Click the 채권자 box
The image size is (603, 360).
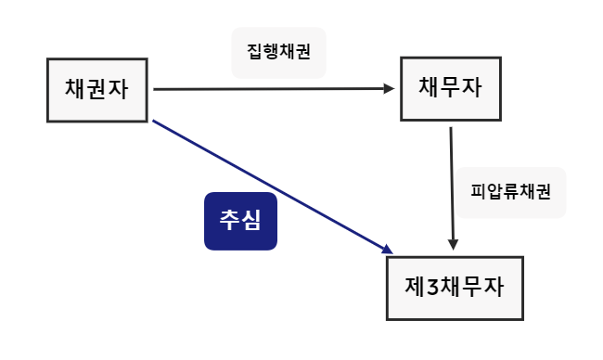pyautogui.click(x=97, y=90)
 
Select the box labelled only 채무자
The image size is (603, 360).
pyautogui.click(x=450, y=89)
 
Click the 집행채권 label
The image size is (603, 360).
pyautogui.click(x=278, y=53)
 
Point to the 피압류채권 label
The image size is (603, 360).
pyautogui.click(x=510, y=193)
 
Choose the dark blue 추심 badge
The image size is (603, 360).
pyautogui.click(x=240, y=220)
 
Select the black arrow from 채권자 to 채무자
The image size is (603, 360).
pyautogui.click(x=269, y=89)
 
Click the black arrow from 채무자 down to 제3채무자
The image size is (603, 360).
pyautogui.click(x=452, y=186)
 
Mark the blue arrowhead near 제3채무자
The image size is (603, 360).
pyautogui.click(x=387, y=249)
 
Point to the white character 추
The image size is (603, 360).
pyautogui.click(x=229, y=220)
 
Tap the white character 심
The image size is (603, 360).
pyautogui.click(x=251, y=220)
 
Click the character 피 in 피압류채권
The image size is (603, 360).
pyautogui.click(x=480, y=193)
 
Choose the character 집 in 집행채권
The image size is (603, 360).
pyautogui.click(x=255, y=53)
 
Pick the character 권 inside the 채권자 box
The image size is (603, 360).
pyautogui.click(x=97, y=90)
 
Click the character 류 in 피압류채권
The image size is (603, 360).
pyautogui.click(x=510, y=193)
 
